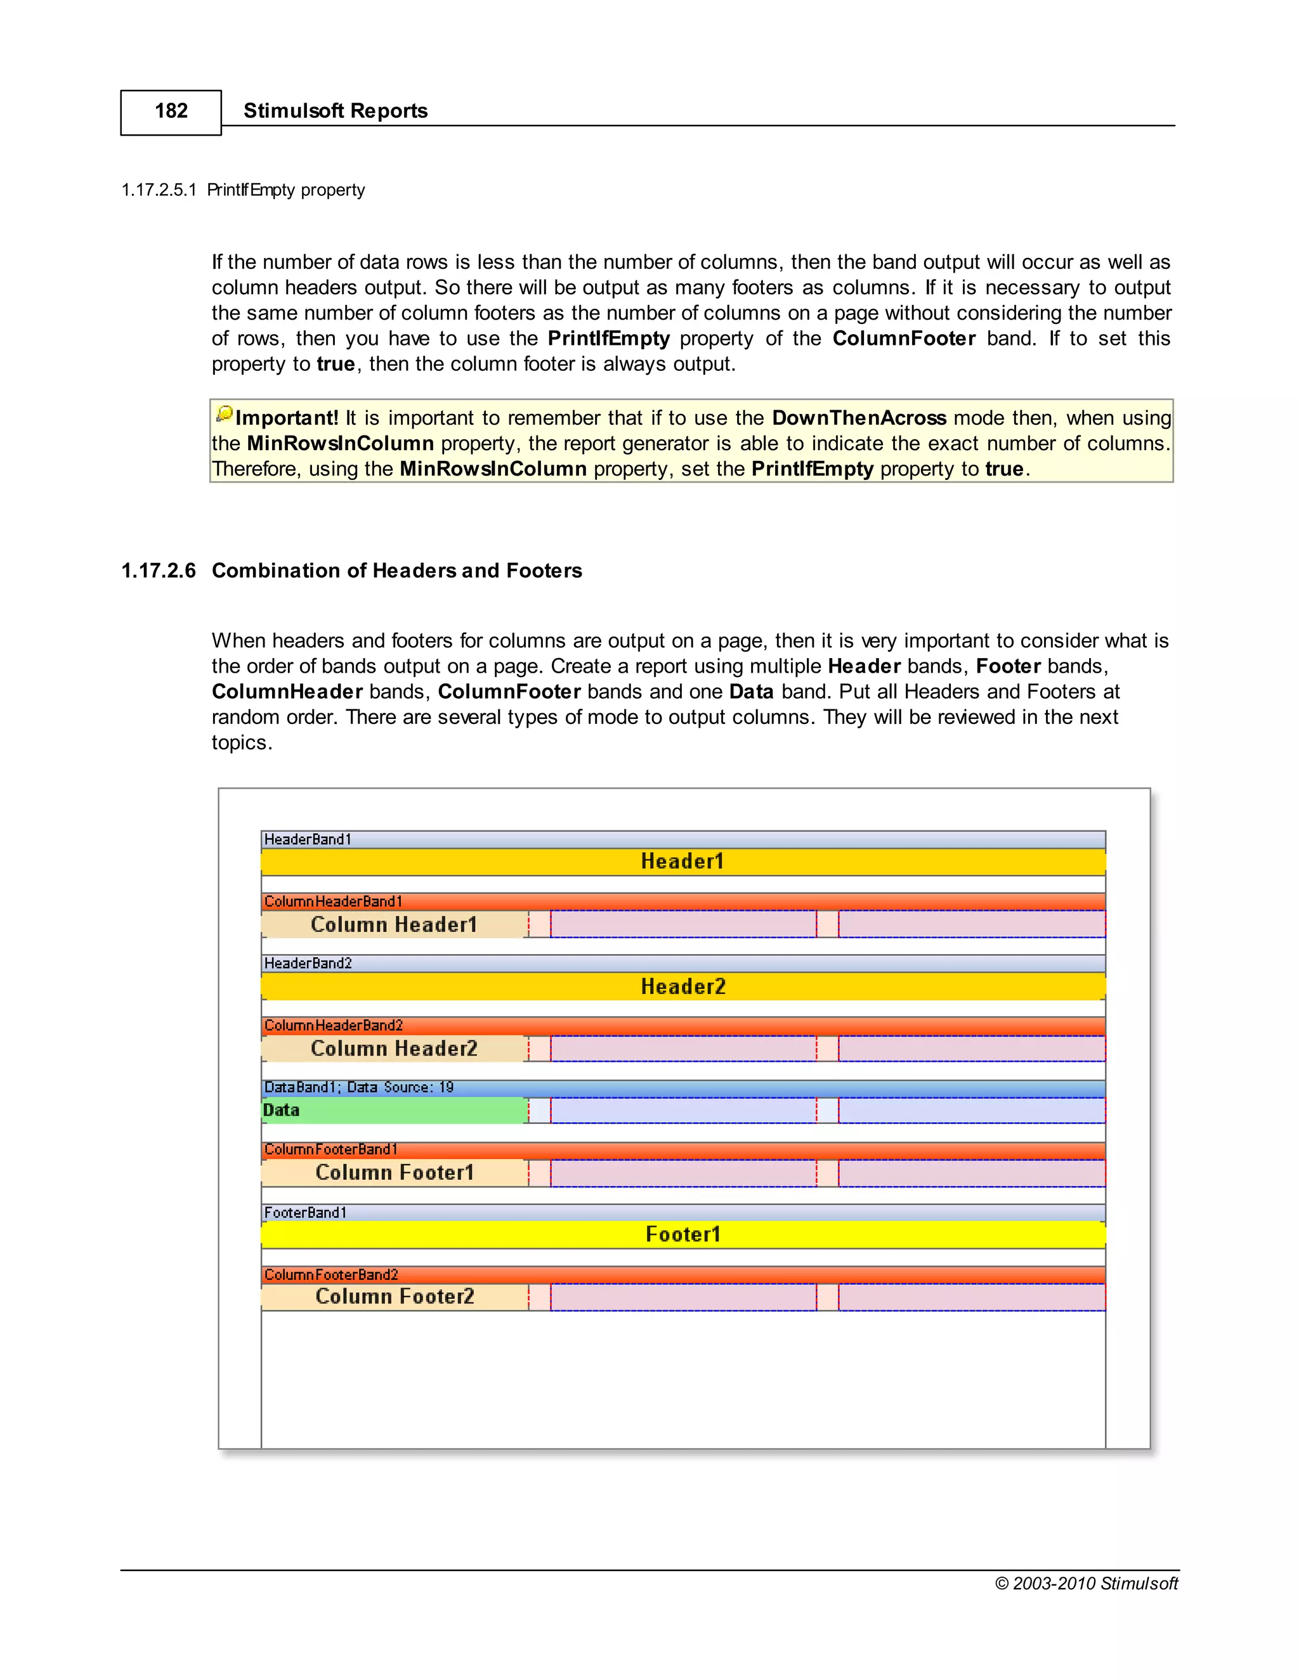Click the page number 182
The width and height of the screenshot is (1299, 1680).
coord(171,111)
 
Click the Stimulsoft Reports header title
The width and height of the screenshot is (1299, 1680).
coord(335,111)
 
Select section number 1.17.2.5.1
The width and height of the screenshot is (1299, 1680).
coord(159,190)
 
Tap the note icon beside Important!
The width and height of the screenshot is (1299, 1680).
coord(224,415)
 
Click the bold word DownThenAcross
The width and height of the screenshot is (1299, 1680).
coord(858,418)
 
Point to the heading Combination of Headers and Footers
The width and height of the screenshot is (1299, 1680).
coord(396,571)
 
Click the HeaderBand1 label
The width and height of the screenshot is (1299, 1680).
coord(308,839)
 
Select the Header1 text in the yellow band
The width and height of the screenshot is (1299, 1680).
coord(682,862)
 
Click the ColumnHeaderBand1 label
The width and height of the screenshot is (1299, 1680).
coord(332,901)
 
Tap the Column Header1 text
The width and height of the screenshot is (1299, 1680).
coord(393,924)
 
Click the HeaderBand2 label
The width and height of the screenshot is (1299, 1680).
coord(308,964)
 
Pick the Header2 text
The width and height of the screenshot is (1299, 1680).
coord(682,987)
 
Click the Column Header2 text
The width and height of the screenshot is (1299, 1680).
coord(393,1049)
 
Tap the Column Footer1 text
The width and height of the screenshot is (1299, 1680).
coord(394,1173)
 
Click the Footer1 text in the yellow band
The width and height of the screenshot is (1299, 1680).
coord(682,1234)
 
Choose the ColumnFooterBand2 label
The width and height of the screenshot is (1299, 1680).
coord(331,1275)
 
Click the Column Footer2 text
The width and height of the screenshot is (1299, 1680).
coord(394,1297)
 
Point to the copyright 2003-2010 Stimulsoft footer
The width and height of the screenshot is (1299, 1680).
coord(1086,1583)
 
